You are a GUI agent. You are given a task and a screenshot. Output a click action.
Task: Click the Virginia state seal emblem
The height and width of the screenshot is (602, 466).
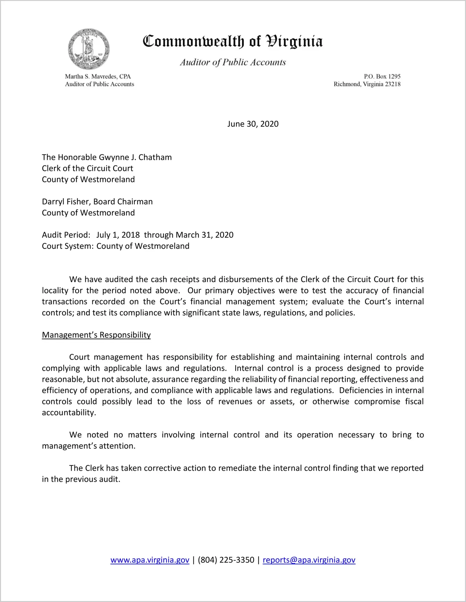click(89, 49)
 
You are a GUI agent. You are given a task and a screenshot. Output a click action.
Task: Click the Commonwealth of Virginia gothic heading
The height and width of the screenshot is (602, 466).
click(233, 41)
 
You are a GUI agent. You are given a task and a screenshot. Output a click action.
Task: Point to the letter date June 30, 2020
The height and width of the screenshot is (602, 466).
click(253, 124)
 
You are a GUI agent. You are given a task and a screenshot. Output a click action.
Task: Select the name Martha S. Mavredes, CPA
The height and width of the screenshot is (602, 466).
click(98, 76)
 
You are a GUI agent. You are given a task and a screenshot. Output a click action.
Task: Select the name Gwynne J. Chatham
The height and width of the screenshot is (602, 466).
click(135, 157)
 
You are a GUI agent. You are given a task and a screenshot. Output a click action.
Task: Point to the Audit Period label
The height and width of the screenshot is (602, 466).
click(66, 235)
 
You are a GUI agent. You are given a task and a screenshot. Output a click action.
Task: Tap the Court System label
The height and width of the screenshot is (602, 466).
click(67, 246)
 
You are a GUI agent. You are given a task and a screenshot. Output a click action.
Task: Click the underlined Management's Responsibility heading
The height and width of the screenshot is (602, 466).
click(96, 335)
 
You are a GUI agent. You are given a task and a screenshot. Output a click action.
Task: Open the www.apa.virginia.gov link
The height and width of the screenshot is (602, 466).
click(150, 560)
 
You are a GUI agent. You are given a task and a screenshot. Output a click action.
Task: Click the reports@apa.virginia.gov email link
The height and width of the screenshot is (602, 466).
click(309, 560)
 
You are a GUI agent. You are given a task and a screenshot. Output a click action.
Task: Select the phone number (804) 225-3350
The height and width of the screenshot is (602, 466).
click(226, 560)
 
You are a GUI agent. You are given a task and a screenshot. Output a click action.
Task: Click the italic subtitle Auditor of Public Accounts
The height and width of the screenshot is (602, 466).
click(233, 62)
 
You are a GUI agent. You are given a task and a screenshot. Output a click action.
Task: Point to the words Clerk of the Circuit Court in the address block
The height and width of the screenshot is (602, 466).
click(87, 168)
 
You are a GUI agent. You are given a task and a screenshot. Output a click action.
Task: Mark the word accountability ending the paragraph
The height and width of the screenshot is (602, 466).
click(69, 413)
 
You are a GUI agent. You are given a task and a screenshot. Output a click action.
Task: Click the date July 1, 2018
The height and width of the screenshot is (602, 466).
click(118, 235)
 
